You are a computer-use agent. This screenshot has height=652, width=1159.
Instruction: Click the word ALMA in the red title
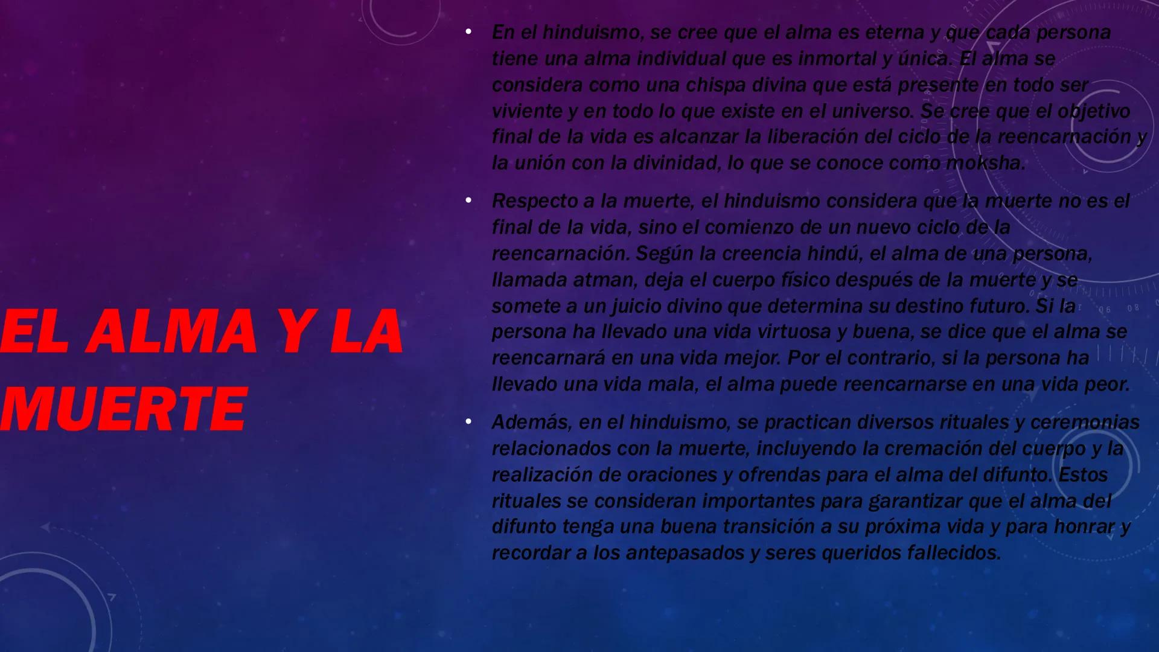[x=171, y=331]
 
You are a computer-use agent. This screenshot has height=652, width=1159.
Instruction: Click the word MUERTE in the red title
[x=123, y=409]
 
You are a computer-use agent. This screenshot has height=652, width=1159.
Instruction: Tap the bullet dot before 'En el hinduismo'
[x=468, y=31]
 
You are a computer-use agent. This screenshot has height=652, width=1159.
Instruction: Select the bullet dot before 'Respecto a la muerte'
[x=468, y=200]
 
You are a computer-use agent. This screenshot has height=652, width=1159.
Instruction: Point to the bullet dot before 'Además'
[x=468, y=421]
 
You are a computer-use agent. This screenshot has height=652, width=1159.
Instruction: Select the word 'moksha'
[x=985, y=163]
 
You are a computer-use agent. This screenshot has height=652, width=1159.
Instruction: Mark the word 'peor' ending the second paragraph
[x=1107, y=385]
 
